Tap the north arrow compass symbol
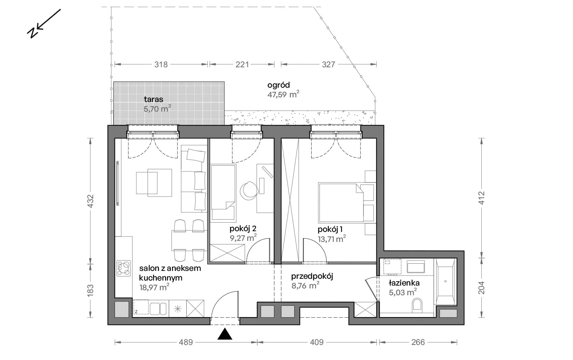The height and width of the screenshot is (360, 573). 44,24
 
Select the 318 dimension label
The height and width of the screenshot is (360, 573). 161,64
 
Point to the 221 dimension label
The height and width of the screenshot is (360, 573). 242,64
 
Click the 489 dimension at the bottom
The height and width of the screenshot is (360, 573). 186,342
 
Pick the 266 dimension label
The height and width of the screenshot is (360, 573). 418,342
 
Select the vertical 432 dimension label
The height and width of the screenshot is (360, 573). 91,201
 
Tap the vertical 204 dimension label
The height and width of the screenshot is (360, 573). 481,288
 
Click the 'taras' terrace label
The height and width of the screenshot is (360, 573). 154,99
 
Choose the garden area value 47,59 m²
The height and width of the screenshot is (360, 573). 283,94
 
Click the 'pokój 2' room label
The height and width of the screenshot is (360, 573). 243,228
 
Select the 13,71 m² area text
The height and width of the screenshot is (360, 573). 332,239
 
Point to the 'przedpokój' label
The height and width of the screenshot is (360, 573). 312,276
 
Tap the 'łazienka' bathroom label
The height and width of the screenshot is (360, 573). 404,283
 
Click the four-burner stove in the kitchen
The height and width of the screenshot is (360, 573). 124,268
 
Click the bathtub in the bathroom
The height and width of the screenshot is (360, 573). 446,282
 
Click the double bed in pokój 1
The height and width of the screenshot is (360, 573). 341,202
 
